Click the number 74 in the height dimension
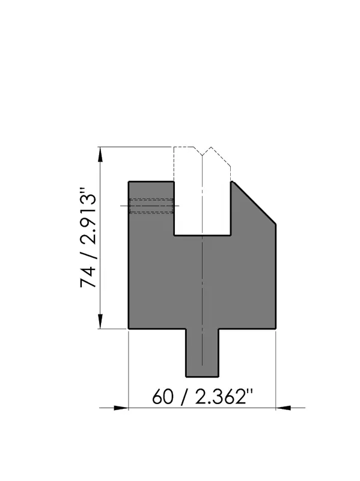point(88,277)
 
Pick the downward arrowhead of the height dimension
point(100,322)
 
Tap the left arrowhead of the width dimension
point(121,408)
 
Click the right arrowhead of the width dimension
point(283,408)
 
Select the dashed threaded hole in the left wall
point(151,206)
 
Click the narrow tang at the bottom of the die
point(202,352)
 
